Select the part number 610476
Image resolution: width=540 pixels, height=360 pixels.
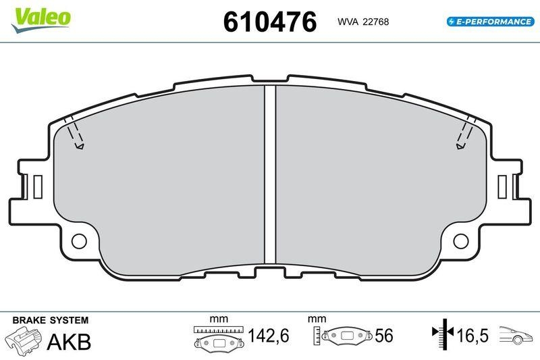click(x=269, y=22)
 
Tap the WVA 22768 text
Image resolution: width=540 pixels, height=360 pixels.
click(x=363, y=22)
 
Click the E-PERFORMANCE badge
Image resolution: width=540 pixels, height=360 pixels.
click(x=490, y=22)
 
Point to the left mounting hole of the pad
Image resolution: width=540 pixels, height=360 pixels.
click(x=80, y=240)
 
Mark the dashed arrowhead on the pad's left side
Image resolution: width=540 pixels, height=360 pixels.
click(x=80, y=145)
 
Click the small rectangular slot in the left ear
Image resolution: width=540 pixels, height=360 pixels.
click(x=38, y=186)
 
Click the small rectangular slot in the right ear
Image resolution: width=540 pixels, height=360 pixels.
click(x=502, y=186)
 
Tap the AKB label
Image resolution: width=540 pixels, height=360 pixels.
click(x=69, y=341)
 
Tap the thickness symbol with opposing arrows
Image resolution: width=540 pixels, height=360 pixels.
click(x=443, y=334)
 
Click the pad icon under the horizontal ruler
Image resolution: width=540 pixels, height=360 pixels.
click(x=218, y=342)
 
